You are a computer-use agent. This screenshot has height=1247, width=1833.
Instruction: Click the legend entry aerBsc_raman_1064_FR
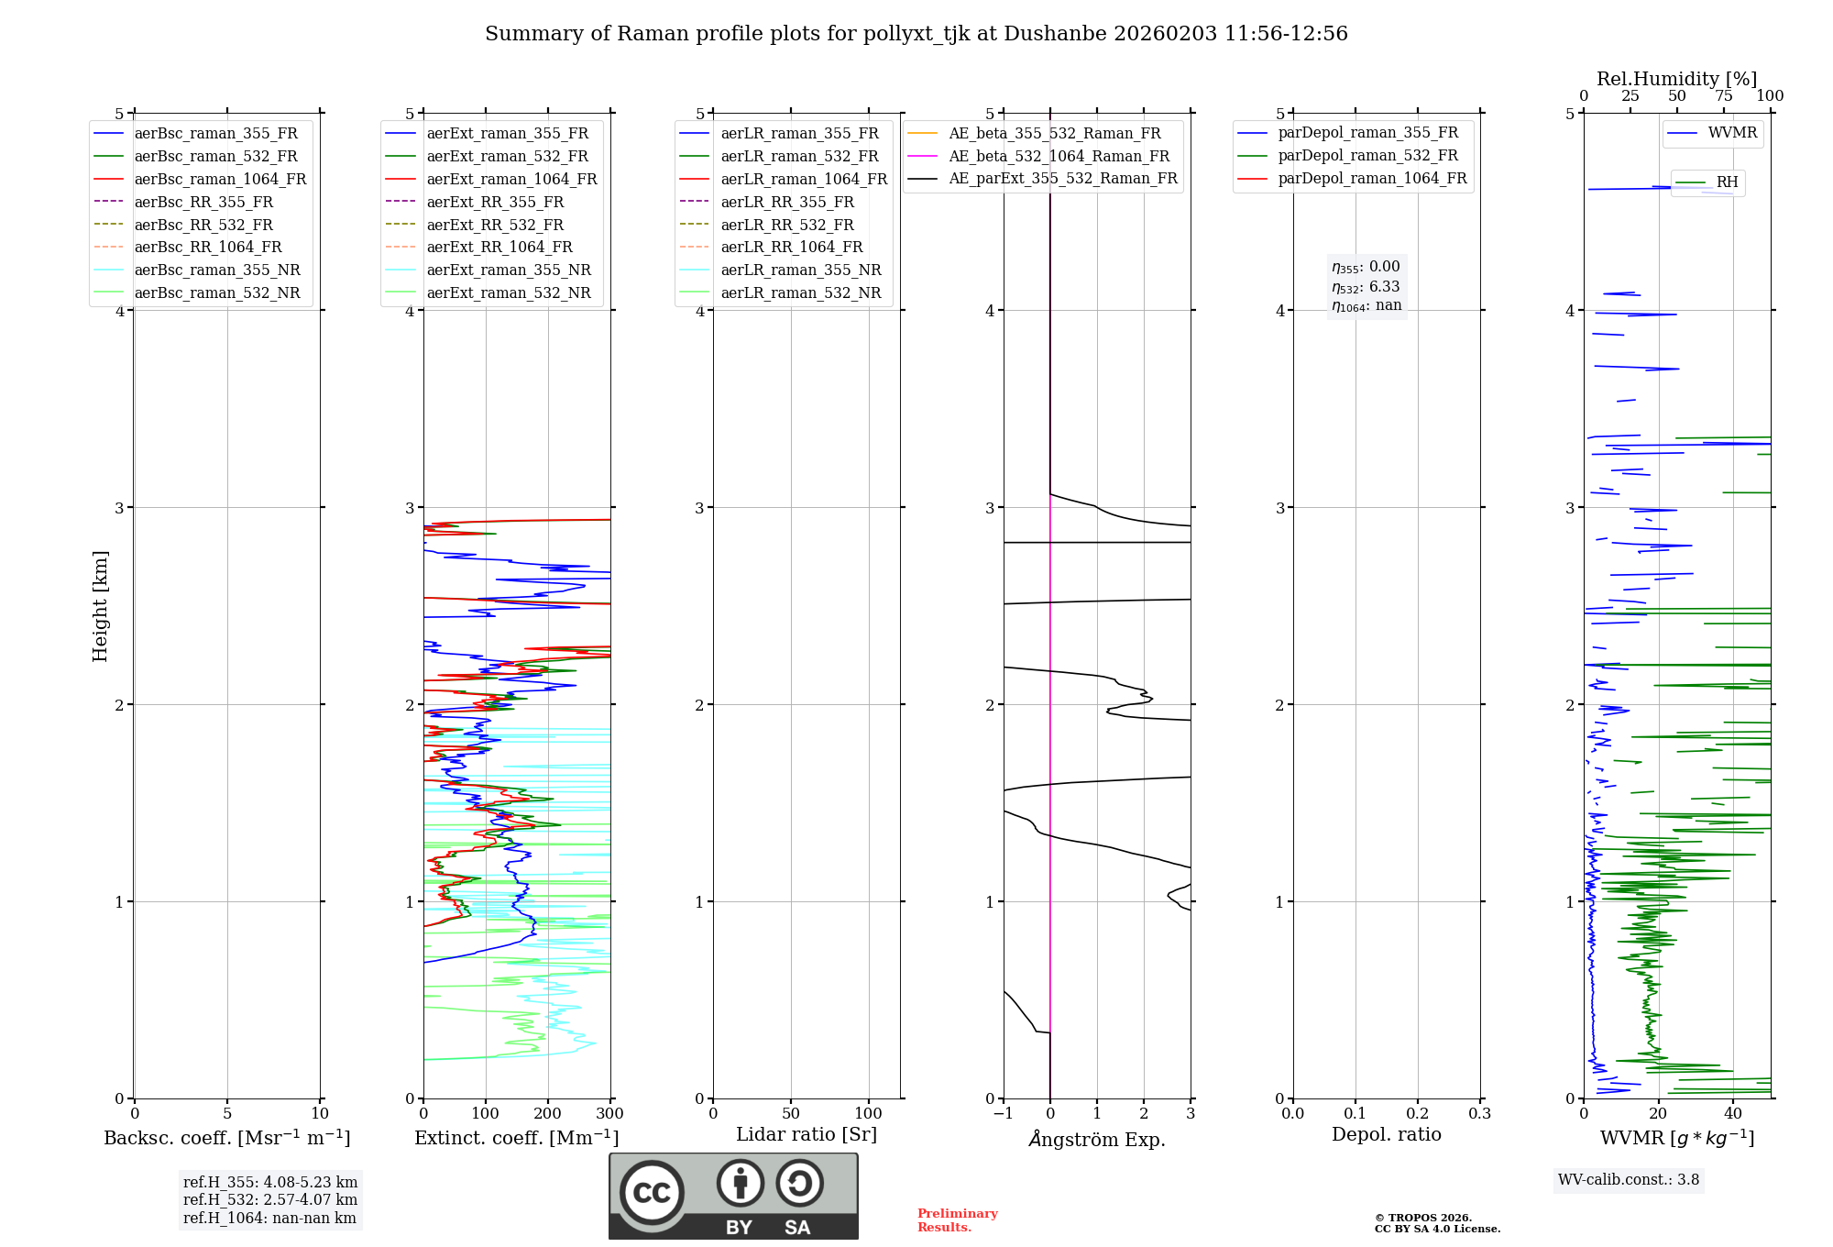(x=220, y=179)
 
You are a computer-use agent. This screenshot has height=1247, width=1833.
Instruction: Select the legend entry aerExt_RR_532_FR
(x=495, y=225)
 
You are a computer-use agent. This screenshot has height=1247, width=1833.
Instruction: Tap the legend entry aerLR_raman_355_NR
(x=800, y=270)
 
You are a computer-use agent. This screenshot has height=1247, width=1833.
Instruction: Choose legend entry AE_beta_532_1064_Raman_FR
(x=1059, y=156)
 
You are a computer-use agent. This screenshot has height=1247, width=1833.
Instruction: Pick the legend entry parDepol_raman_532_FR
(x=1367, y=156)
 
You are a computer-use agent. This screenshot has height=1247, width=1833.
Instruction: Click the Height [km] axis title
(x=100, y=606)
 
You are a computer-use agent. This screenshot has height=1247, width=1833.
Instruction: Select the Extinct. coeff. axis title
(x=516, y=1138)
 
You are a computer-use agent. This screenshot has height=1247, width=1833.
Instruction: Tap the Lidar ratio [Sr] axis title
(x=806, y=1134)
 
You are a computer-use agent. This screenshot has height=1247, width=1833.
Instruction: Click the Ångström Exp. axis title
(x=1096, y=1139)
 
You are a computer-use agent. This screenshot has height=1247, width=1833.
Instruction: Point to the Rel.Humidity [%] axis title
(x=1676, y=79)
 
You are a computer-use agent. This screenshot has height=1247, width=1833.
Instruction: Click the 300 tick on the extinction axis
(x=609, y=1114)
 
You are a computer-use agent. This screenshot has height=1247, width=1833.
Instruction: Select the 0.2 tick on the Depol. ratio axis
(x=1417, y=1114)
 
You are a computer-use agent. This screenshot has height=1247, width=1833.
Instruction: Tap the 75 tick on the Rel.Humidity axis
(x=1723, y=96)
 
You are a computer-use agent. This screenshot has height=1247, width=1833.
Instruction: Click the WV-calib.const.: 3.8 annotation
(x=1628, y=1180)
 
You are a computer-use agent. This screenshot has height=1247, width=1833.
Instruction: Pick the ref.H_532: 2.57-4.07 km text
(x=269, y=1199)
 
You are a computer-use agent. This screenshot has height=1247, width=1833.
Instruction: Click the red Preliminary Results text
(x=957, y=1219)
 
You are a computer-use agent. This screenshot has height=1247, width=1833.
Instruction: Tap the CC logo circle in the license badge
(x=652, y=1193)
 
